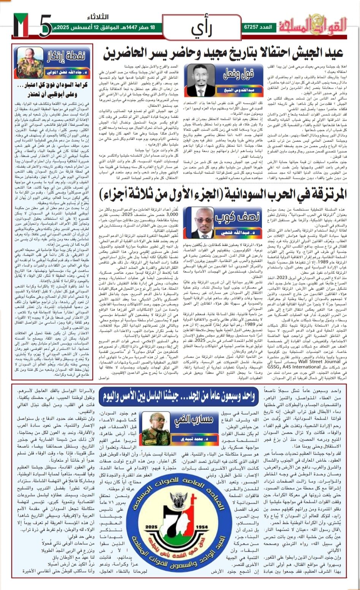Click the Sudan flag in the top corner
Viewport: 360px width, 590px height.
click(21, 25)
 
